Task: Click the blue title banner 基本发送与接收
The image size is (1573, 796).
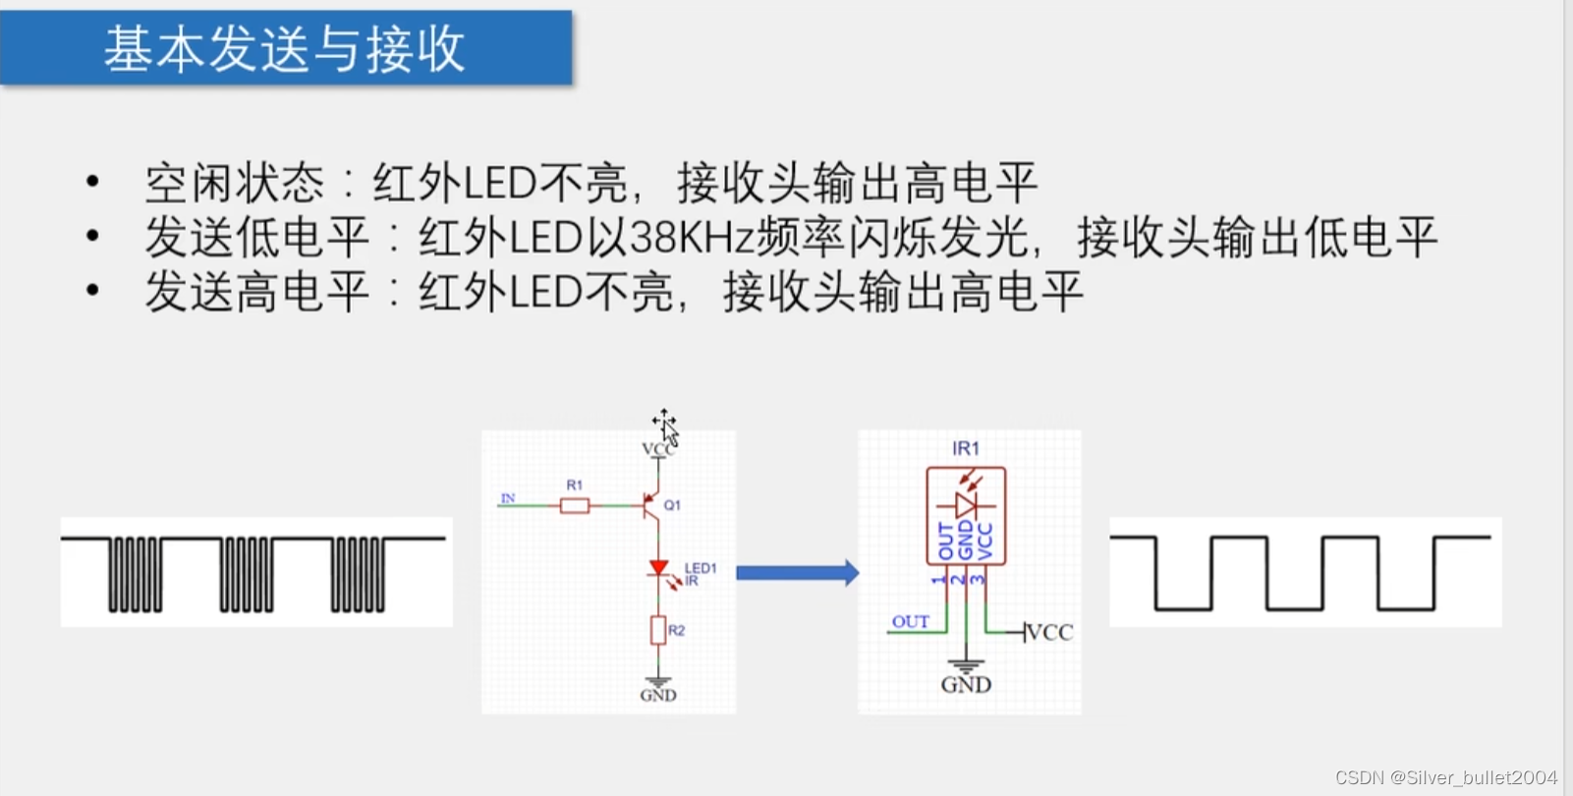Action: click(285, 48)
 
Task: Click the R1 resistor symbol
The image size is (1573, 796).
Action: click(575, 505)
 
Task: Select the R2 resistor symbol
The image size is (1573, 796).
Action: click(658, 630)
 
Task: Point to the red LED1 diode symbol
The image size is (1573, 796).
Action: click(658, 568)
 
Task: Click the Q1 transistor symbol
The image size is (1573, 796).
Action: click(650, 505)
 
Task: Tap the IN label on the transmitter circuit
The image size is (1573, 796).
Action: click(508, 498)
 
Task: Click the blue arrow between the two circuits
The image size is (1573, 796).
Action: click(797, 573)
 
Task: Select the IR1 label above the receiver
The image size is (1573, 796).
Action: click(966, 448)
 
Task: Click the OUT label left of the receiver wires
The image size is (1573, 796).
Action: click(910, 621)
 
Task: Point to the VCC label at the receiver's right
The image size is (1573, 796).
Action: click(1050, 632)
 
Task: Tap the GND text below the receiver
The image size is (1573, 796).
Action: click(966, 684)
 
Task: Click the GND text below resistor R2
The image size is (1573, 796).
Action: click(658, 695)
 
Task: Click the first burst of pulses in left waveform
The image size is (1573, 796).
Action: click(135, 574)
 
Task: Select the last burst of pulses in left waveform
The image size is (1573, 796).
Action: click(358, 574)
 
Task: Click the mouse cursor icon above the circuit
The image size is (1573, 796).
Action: click(665, 426)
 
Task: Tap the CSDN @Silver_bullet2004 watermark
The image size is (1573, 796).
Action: click(1445, 777)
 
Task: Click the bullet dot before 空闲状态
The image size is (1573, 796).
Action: click(93, 182)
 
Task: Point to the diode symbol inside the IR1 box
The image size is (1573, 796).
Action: click(966, 505)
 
